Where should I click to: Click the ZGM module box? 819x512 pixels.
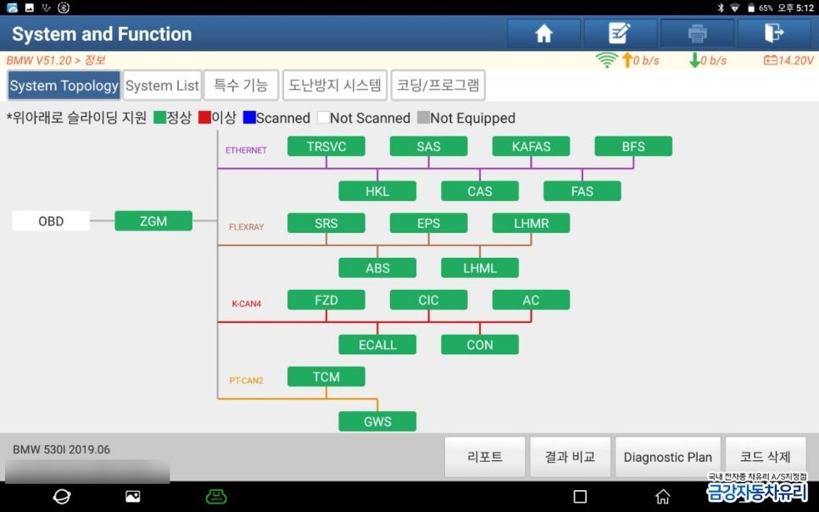153,221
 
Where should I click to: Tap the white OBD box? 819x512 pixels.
51,221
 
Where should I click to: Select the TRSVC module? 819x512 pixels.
326,146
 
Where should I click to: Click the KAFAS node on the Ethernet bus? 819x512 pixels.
531,146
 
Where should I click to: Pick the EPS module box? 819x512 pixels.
428,223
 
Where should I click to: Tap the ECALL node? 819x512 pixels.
377,344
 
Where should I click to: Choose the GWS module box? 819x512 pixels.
377,421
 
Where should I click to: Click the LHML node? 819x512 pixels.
480,268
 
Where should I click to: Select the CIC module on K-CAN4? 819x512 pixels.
428,299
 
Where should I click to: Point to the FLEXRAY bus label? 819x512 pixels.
246,227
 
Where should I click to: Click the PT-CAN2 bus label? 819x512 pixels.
246,381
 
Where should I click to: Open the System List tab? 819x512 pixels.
162,86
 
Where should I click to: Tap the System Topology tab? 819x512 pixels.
64,86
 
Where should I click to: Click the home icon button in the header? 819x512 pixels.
543,33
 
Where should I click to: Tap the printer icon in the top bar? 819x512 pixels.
697,33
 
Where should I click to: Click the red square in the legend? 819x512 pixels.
204,118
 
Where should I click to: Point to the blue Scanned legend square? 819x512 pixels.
248,118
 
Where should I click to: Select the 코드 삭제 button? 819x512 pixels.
765,457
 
